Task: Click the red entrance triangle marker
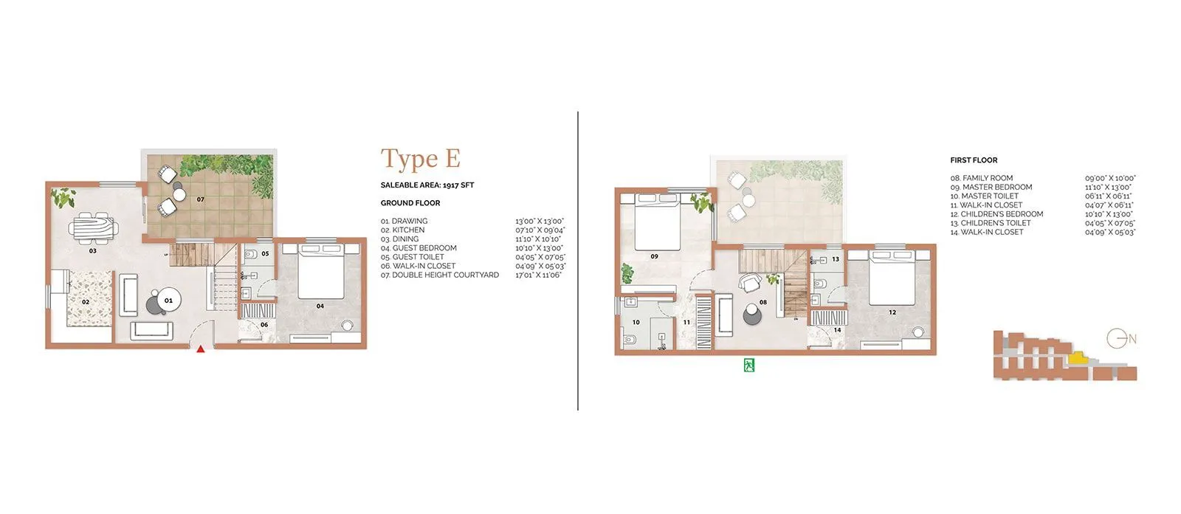pyautogui.click(x=200, y=349)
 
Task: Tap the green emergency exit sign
pyautogui.click(x=750, y=364)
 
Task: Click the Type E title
pyautogui.click(x=420, y=159)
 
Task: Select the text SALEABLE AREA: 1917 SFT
pyautogui.click(x=427, y=185)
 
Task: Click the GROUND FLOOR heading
pyautogui.click(x=410, y=203)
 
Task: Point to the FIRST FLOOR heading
pyautogui.click(x=974, y=160)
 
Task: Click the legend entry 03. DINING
pyautogui.click(x=400, y=239)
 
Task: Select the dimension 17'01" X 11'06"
pyautogui.click(x=538, y=275)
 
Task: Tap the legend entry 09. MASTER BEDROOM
pyautogui.click(x=991, y=187)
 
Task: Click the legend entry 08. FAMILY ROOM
pyautogui.click(x=981, y=178)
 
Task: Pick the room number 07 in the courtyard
pyautogui.click(x=200, y=199)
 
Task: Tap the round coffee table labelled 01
pyautogui.click(x=168, y=300)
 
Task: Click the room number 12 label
pyautogui.click(x=892, y=312)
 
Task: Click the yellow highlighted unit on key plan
pyautogui.click(x=1078, y=358)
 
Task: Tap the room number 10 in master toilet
pyautogui.click(x=636, y=323)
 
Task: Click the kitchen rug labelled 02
pyautogui.click(x=87, y=298)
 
